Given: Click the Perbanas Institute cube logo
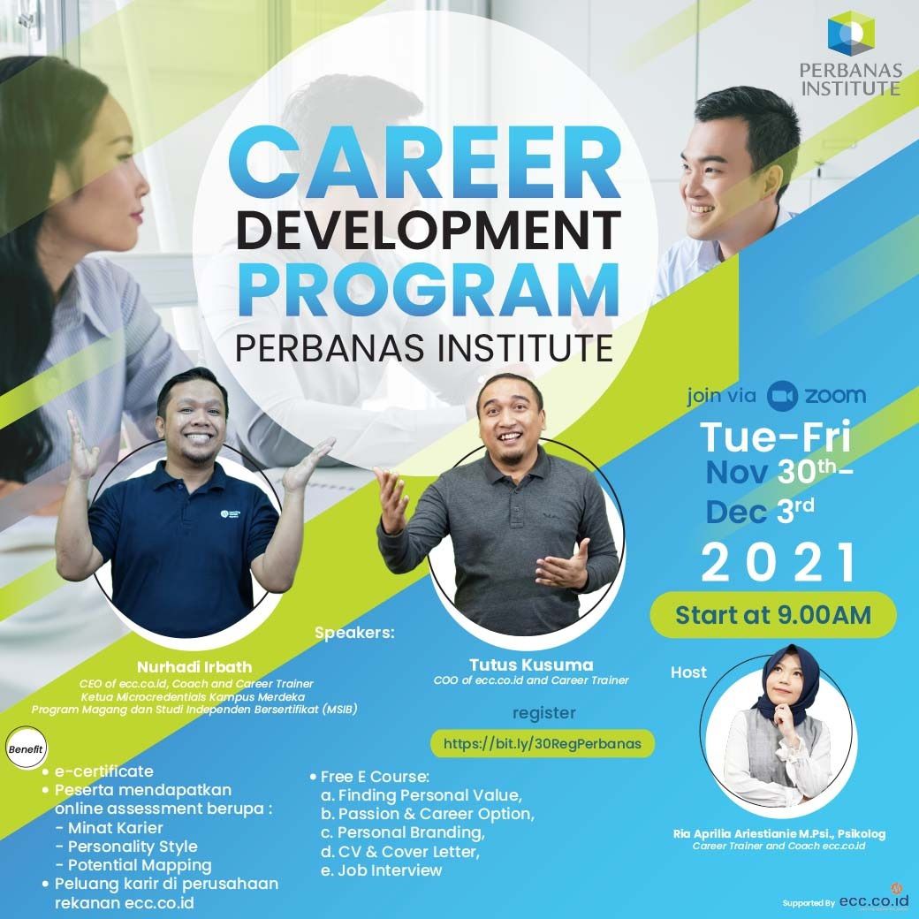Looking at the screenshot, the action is click(851, 34).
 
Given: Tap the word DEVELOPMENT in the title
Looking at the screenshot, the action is click(429, 231).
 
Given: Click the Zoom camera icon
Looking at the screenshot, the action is click(782, 396).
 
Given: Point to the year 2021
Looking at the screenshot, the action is click(778, 562).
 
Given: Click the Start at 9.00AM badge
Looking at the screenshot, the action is click(773, 615).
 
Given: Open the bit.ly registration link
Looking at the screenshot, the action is click(543, 744).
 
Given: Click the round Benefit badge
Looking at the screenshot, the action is click(26, 748).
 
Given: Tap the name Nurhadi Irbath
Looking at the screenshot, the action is click(194, 667).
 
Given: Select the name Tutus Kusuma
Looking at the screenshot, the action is click(531, 665).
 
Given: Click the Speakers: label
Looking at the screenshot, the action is click(354, 633).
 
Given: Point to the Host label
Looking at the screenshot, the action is click(688, 672).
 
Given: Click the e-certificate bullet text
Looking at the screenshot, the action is click(103, 771).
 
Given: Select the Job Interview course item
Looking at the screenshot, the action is click(381, 870).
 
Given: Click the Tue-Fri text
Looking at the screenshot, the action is click(776, 437).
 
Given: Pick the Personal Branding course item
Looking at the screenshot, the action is click(403, 832).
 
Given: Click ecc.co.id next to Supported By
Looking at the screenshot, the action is click(870, 900).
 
